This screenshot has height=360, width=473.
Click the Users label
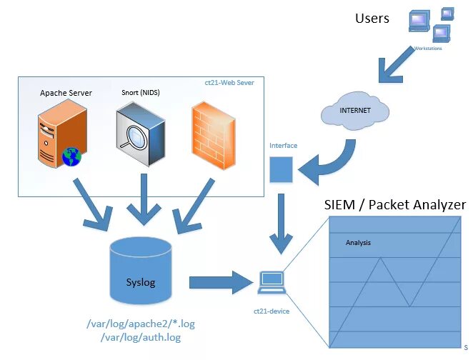pos(372,19)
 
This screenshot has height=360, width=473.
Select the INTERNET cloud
pos(355,111)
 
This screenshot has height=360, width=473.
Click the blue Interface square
pos(282,169)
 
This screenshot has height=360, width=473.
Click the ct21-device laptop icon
pos(271,283)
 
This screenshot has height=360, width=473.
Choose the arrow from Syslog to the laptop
pos(217,282)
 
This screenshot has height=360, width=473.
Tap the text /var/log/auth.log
pos(140,337)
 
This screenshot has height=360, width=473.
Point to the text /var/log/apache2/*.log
pos(140,324)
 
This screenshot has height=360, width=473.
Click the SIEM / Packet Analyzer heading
pos(394,205)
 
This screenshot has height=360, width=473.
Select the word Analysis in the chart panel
pos(358,243)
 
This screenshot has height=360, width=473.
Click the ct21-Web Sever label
pos(229,84)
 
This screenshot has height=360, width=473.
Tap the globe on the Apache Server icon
pos(71,156)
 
